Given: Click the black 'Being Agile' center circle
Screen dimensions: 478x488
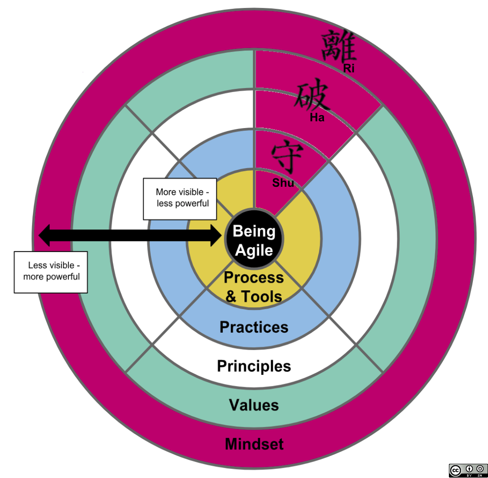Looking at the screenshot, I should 254,241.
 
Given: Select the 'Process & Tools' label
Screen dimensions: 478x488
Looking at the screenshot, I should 254,287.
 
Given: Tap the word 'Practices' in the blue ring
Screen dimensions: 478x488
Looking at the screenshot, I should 254,327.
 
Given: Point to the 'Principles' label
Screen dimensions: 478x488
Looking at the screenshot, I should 254,366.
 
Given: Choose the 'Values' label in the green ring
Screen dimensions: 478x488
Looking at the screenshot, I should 254,405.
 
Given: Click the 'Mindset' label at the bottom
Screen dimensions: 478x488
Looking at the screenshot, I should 254,444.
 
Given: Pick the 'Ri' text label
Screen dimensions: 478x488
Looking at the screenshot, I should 349,68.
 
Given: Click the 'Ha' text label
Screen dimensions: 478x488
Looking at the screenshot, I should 317,118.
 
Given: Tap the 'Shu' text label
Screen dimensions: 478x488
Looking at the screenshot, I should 283,182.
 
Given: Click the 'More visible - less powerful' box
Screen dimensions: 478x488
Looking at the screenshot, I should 180,198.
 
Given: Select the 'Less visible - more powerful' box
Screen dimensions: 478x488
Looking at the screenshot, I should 51,272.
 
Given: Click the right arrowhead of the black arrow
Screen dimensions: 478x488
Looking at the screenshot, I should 215,235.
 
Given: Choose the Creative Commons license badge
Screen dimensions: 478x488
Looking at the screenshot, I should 468,470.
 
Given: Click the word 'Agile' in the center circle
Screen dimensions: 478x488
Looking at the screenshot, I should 254,250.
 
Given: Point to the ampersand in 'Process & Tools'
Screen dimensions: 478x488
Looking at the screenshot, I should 231,297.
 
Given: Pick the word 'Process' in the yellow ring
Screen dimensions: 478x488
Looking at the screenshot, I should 254,277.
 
